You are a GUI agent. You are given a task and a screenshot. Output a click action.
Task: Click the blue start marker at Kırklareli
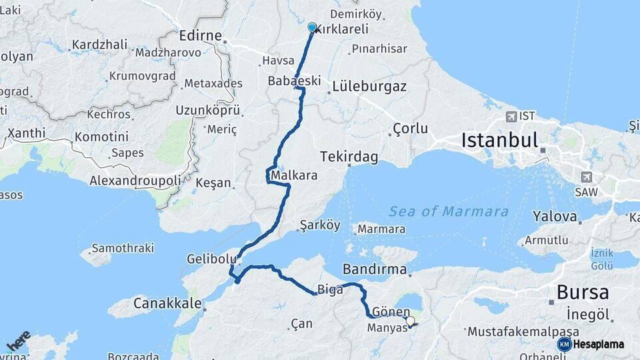[312, 27]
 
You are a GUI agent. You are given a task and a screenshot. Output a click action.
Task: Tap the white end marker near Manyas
[410, 321]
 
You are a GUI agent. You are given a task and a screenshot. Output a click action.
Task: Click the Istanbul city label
[499, 140]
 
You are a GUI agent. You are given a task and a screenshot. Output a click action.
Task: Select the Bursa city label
[582, 292]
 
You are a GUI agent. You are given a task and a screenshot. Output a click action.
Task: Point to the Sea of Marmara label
[449, 211]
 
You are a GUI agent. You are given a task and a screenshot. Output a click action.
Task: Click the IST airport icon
[511, 116]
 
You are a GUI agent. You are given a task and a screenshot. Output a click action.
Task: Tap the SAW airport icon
[586, 177]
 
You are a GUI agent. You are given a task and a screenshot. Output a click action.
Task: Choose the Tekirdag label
[349, 157]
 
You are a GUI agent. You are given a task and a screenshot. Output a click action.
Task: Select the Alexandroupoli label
[135, 181]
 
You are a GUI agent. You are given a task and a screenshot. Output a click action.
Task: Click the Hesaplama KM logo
[591, 344]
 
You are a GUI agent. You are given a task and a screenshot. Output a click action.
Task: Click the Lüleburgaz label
[369, 87]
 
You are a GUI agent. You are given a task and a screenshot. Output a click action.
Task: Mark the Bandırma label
[374, 269]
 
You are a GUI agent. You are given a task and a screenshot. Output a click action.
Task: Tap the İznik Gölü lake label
[601, 259]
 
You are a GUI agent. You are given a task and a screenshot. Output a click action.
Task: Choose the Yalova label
[554, 216]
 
